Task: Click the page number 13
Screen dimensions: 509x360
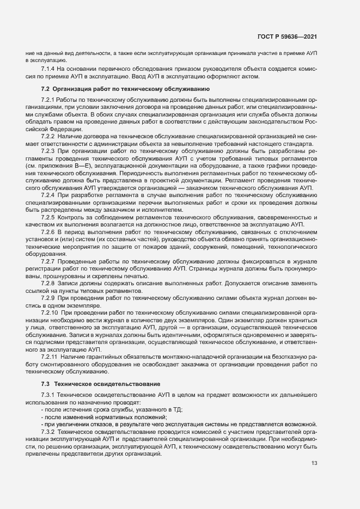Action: [314, 463]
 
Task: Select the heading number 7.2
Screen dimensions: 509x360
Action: [46, 88]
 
